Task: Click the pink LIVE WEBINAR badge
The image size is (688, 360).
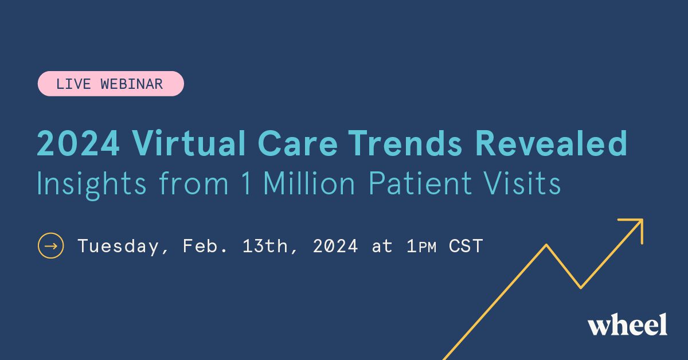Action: (111, 84)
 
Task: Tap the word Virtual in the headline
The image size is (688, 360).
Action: (189, 143)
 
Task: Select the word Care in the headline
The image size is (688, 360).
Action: (298, 144)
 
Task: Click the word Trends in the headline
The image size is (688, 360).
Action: (405, 144)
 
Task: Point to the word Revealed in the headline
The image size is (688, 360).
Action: (551, 144)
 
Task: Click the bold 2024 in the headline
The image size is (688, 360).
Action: (79, 144)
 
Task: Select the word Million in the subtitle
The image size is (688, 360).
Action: (309, 183)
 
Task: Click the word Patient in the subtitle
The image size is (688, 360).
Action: (420, 183)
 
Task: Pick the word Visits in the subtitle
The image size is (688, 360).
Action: (522, 183)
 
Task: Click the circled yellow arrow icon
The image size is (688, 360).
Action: (50, 246)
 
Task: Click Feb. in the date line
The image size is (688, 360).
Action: (205, 246)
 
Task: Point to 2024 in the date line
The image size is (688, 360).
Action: (335, 246)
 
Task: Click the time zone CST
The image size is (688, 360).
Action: (466, 246)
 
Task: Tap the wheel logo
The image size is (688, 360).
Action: (627, 324)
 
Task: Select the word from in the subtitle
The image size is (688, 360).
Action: (194, 183)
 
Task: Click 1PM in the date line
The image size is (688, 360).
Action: (421, 246)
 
